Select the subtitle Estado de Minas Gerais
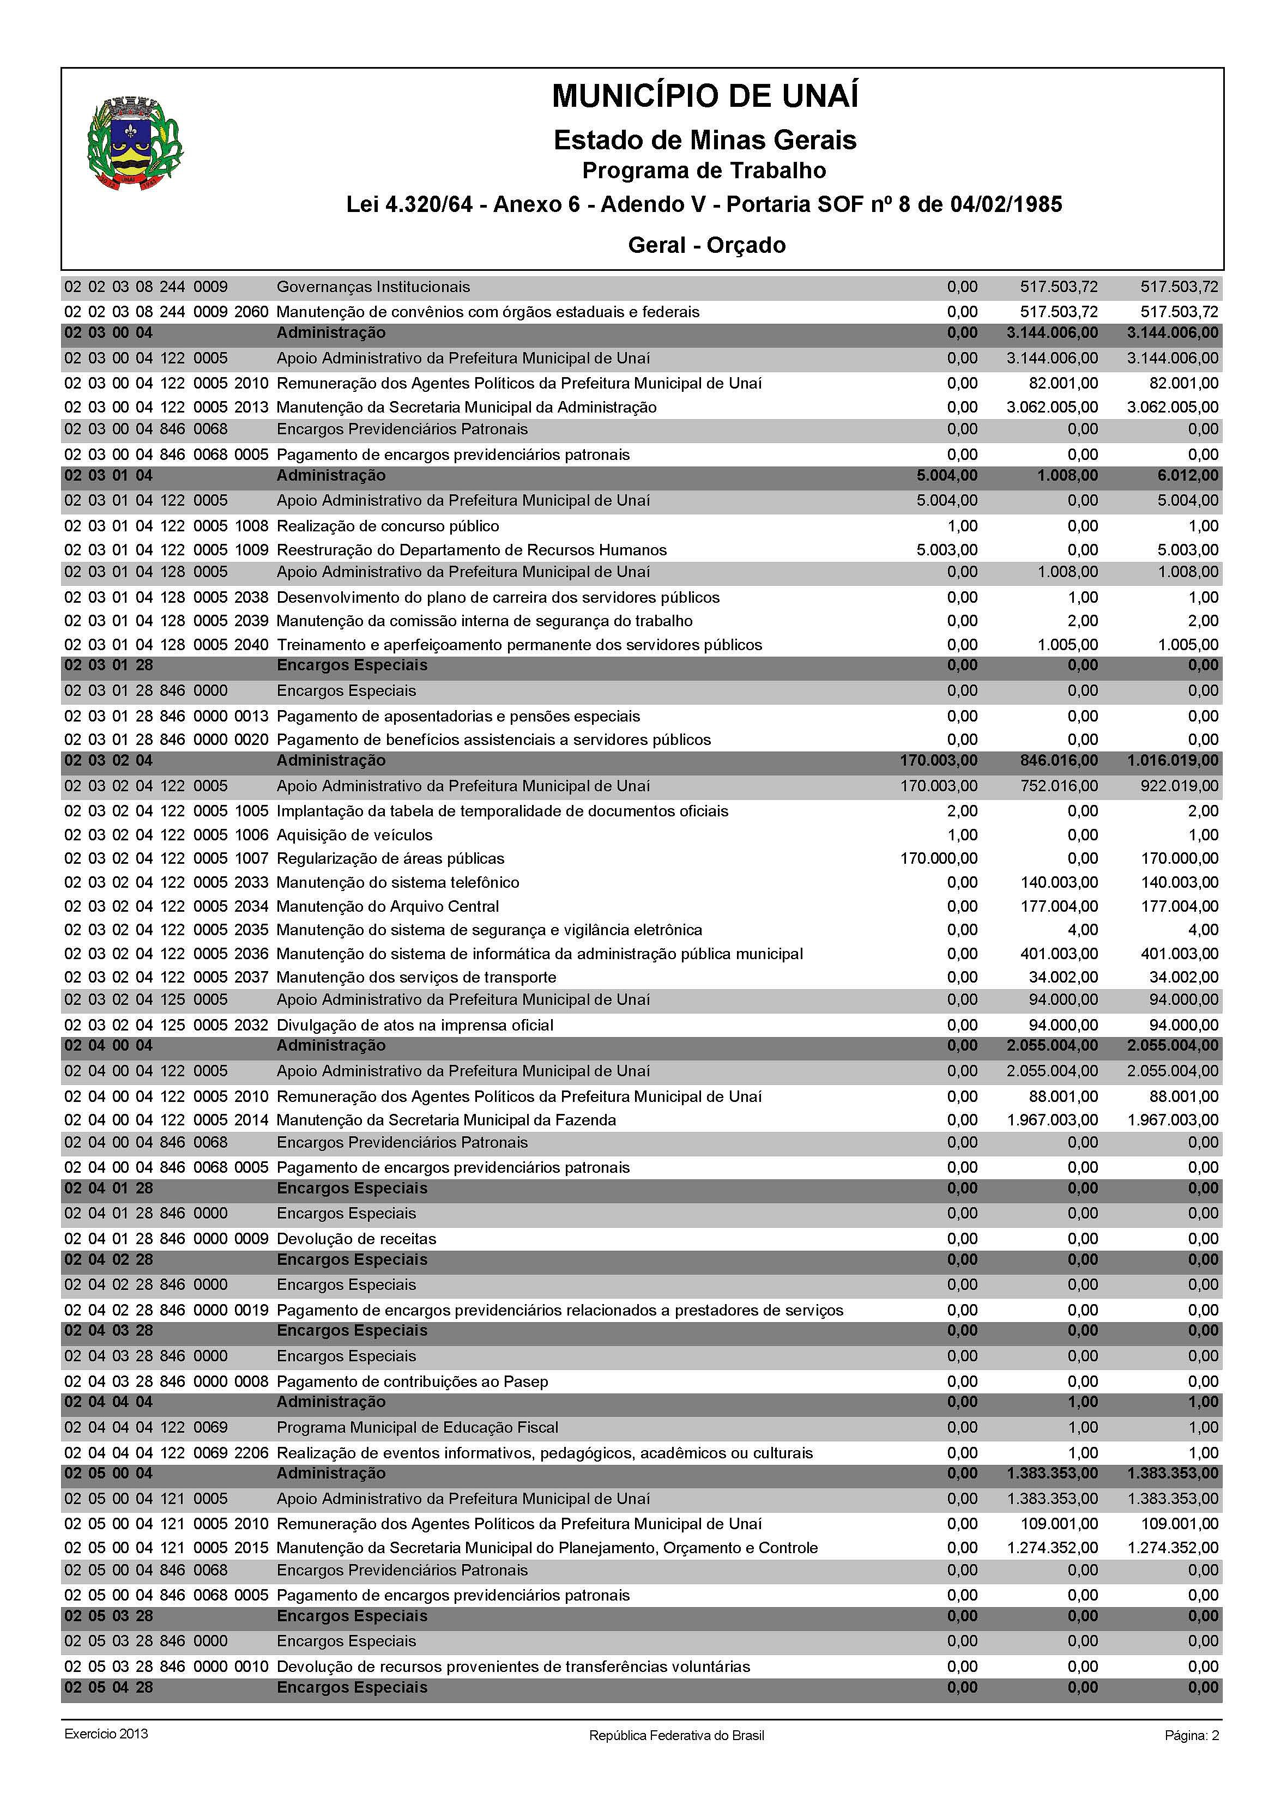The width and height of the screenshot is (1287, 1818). pos(704,140)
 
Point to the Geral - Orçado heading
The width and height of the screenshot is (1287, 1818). pos(706,245)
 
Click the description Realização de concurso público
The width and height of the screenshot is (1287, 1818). pos(388,526)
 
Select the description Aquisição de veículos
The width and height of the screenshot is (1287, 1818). pos(354,835)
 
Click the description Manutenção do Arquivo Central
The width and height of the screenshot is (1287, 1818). pos(388,906)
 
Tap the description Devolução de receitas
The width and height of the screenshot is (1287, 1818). pos(356,1239)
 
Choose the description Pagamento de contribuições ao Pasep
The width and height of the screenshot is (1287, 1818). pos(412,1381)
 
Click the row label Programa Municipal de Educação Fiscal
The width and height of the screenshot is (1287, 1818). pos(417,1427)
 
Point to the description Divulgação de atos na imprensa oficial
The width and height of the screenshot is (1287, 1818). pos(414,1025)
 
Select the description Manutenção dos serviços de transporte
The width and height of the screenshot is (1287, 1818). pos(416,978)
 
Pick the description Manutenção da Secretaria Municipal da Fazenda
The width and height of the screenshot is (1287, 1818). pos(446,1120)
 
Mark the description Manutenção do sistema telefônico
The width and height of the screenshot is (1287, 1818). pos(398,882)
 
